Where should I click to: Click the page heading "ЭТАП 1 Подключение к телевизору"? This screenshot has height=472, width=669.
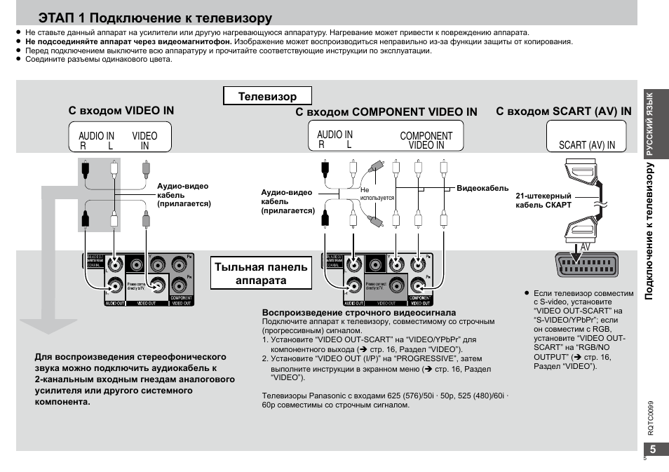156,18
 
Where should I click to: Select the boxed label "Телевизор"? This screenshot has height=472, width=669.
267,96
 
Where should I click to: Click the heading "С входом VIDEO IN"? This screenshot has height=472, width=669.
121,111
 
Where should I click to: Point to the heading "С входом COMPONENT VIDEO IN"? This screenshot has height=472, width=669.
386,112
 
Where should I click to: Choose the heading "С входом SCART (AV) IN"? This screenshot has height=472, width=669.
564,112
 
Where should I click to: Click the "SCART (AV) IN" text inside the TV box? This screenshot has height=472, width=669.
587,145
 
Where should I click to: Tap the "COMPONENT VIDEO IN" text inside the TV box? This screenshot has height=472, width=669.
426,140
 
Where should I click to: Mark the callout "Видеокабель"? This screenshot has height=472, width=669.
482,189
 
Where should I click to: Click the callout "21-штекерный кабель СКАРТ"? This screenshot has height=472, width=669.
543,201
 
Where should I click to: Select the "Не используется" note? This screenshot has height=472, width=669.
377,194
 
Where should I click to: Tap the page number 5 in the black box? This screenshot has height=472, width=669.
653,450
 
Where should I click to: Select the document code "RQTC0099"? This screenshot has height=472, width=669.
650,419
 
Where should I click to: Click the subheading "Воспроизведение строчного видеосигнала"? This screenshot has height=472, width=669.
359,312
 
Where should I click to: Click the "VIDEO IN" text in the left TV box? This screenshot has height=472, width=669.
144,140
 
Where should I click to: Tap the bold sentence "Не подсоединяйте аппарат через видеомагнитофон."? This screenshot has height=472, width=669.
129,41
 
